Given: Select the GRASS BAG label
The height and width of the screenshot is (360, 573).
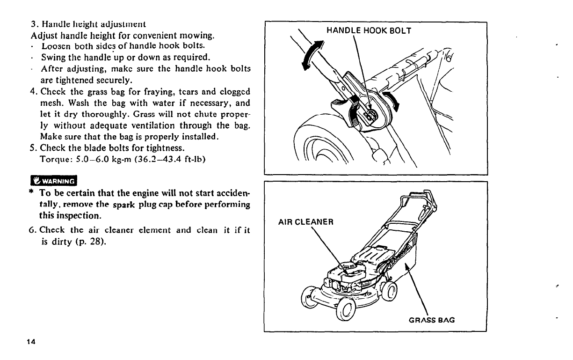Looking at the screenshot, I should click(432, 320).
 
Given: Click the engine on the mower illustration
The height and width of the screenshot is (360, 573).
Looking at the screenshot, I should click(350, 272).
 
